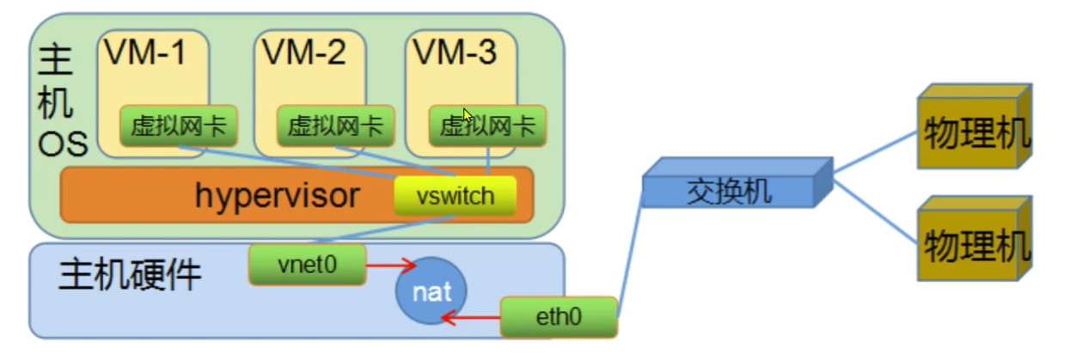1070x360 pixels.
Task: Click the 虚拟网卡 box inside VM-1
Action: (178, 127)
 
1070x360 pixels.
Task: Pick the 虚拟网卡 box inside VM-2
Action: (335, 127)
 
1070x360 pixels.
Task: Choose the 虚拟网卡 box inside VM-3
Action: (487, 127)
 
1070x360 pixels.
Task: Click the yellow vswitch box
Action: (456, 196)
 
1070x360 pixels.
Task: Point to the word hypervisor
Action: (277, 196)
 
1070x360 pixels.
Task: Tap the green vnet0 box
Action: (306, 265)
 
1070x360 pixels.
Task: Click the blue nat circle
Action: (431, 293)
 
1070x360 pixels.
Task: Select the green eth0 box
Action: (559, 317)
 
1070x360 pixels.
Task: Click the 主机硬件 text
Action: (130, 276)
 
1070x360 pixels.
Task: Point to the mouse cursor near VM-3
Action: (467, 115)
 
